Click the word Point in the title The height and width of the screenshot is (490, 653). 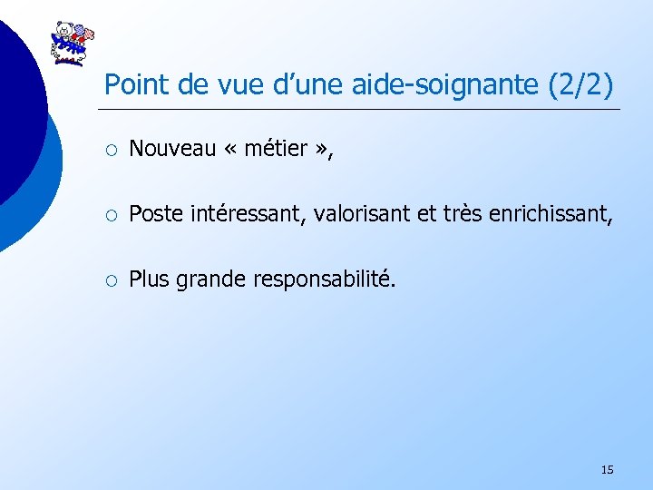coord(132,84)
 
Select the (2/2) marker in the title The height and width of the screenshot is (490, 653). coord(581,84)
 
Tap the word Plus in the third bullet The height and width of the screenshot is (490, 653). coord(149,280)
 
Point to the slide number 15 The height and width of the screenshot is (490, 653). coord(607,469)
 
